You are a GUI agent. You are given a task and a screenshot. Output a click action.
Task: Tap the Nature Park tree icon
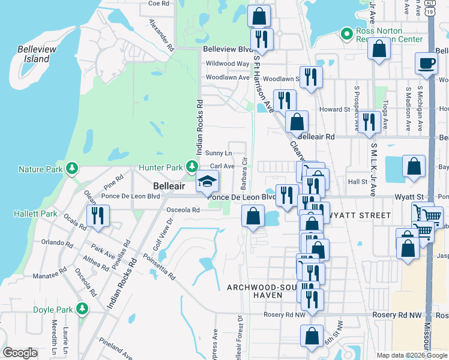pos(72,169)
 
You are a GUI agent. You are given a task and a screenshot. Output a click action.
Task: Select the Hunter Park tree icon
pos(191,166)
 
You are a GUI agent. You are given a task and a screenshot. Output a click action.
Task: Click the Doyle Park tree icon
pos(82,309)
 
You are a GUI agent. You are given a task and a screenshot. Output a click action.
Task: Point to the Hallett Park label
pos(35,214)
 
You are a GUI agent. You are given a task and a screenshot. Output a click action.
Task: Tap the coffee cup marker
pos(426,62)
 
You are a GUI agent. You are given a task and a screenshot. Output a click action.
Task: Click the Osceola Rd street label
pos(182,210)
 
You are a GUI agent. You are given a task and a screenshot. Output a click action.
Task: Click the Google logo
pos(20,353)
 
